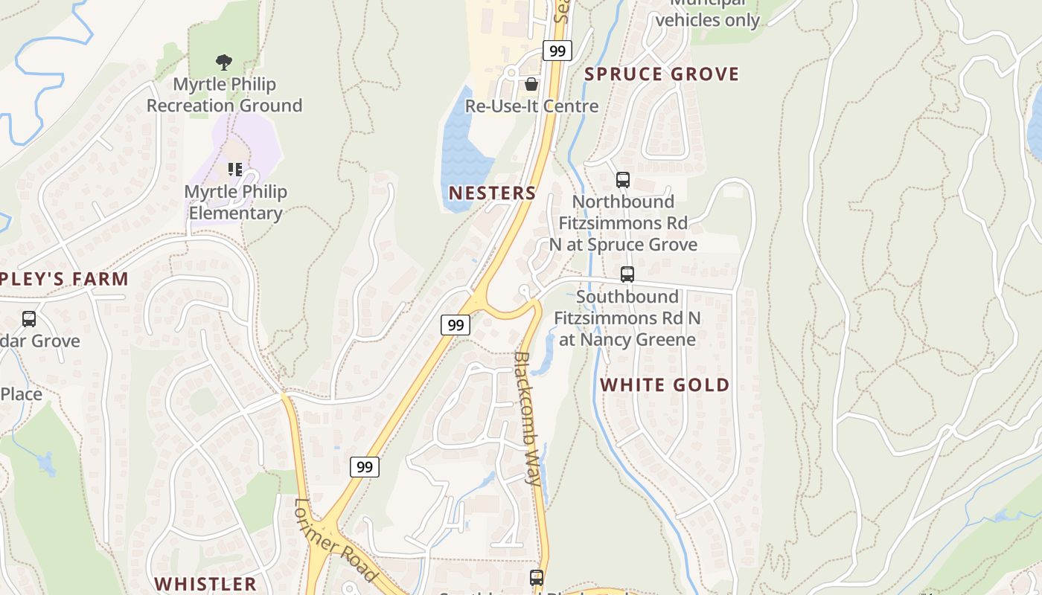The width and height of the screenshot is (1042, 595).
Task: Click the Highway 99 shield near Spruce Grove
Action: click(x=557, y=51)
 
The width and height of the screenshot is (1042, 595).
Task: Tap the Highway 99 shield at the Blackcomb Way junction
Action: click(x=456, y=325)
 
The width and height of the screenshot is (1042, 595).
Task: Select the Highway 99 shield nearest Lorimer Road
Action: click(x=365, y=467)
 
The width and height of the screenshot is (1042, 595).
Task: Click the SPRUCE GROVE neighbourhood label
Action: click(x=662, y=74)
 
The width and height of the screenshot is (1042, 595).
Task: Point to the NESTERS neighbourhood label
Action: click(x=492, y=193)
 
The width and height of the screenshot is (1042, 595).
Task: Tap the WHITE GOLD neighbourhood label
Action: click(x=665, y=385)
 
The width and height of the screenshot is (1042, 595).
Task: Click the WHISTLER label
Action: click(x=205, y=583)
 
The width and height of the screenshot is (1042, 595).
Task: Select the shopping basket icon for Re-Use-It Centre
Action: click(x=531, y=83)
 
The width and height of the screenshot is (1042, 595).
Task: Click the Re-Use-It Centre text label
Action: click(x=531, y=106)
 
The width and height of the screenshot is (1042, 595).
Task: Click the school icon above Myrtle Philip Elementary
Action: click(x=235, y=170)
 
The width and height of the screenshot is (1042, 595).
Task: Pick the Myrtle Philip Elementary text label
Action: click(x=235, y=202)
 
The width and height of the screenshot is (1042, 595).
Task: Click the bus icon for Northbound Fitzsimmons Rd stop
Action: click(x=623, y=180)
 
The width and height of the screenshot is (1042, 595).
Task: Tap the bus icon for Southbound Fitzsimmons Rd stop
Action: click(x=627, y=274)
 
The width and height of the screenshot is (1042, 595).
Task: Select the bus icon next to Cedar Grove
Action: click(x=29, y=319)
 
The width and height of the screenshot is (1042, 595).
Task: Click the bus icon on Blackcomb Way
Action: click(x=537, y=577)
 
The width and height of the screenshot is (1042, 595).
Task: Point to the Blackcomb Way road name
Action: click(x=528, y=418)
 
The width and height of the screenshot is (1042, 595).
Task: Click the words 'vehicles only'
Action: click(x=707, y=20)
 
